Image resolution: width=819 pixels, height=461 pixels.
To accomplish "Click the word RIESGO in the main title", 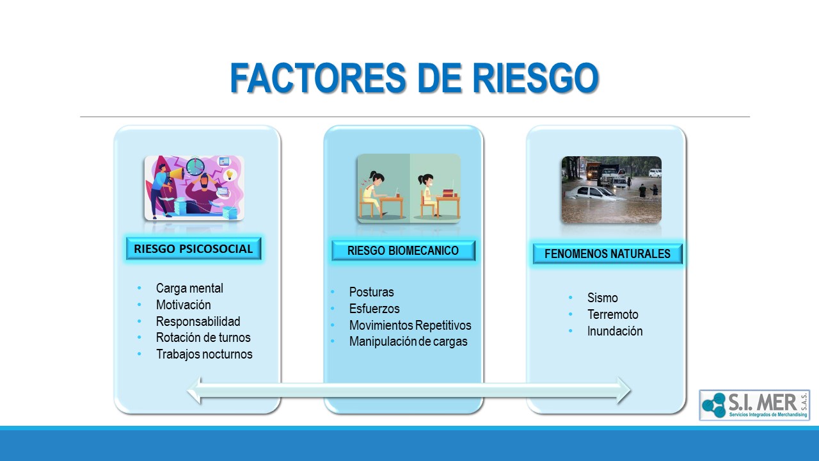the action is (536, 78).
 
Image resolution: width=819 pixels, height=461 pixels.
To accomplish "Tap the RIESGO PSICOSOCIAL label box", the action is (193, 249).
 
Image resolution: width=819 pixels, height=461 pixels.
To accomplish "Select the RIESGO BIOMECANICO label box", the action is (403, 250).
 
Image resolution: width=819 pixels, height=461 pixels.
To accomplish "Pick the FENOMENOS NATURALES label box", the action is (607, 254).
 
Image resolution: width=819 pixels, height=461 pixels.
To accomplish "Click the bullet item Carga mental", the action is (189, 288).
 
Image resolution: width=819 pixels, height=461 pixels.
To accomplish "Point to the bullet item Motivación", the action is (183, 305).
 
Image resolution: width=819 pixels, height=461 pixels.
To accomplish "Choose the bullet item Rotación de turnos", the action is (203, 337).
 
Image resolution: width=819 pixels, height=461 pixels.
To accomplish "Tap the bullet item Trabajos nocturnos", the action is (204, 354).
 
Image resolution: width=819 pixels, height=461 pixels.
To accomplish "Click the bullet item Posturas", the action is (372, 292).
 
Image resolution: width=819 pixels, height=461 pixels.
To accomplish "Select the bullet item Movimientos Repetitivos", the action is (410, 325).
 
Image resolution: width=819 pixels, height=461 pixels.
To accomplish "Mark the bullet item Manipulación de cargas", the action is (408, 341).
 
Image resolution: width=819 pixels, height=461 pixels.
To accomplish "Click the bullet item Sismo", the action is (603, 298).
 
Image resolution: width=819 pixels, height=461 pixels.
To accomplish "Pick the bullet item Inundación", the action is (615, 331).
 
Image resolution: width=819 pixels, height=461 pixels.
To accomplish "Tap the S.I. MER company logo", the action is (754, 405).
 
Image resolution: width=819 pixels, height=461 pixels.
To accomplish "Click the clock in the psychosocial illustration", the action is (195, 166).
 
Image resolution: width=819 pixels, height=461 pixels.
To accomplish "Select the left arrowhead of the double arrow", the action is (195, 391).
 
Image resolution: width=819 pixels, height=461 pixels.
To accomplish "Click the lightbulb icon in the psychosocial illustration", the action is (229, 175).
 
